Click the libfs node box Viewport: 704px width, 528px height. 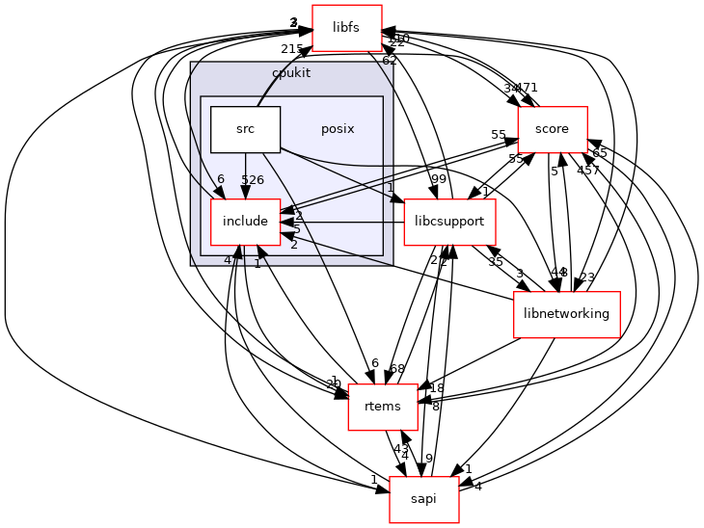click(346, 28)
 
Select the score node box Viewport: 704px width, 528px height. click(553, 129)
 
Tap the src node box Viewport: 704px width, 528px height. click(245, 129)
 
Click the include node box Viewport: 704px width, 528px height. click(245, 222)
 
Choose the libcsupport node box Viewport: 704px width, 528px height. click(449, 222)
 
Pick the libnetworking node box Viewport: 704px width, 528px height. click(566, 314)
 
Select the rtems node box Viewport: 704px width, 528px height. click(382, 407)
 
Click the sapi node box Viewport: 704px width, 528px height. click(423, 499)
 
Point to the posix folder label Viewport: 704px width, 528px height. click(338, 129)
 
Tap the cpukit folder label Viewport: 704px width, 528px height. click(291, 72)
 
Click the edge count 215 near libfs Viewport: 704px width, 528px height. click(292, 49)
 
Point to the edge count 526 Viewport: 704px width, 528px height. click(253, 180)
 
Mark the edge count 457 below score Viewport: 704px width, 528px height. click(588, 171)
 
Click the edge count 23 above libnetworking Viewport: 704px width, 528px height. click(587, 277)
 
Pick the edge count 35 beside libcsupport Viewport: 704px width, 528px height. click(496, 262)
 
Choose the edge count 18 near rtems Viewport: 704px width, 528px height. click(436, 388)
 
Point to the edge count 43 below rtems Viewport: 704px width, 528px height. click(401, 448)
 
